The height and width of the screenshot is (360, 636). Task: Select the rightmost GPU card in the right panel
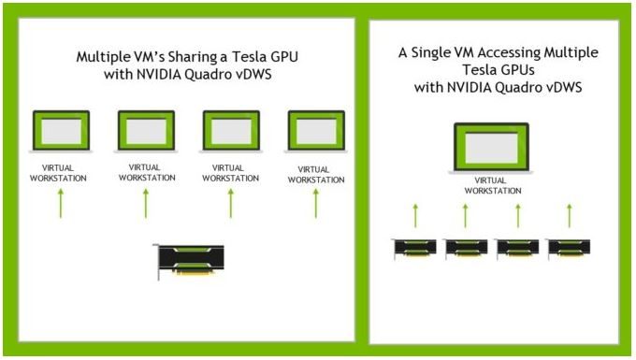coord(569,249)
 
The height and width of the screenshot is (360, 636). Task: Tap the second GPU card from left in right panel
coord(466,249)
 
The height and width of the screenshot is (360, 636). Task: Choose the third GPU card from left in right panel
coord(517,249)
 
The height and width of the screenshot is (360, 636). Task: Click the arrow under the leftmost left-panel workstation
coord(62,202)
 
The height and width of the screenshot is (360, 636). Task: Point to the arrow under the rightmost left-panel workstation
coord(316,202)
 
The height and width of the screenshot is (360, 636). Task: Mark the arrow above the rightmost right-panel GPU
coord(569,216)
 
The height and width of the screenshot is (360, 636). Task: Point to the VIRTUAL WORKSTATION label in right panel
coord(492,185)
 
